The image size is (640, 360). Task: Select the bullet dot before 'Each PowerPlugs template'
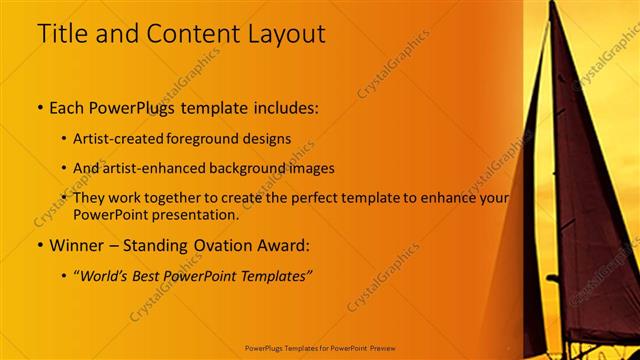[x=40, y=105]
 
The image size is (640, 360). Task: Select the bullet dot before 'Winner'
[x=40, y=245]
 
